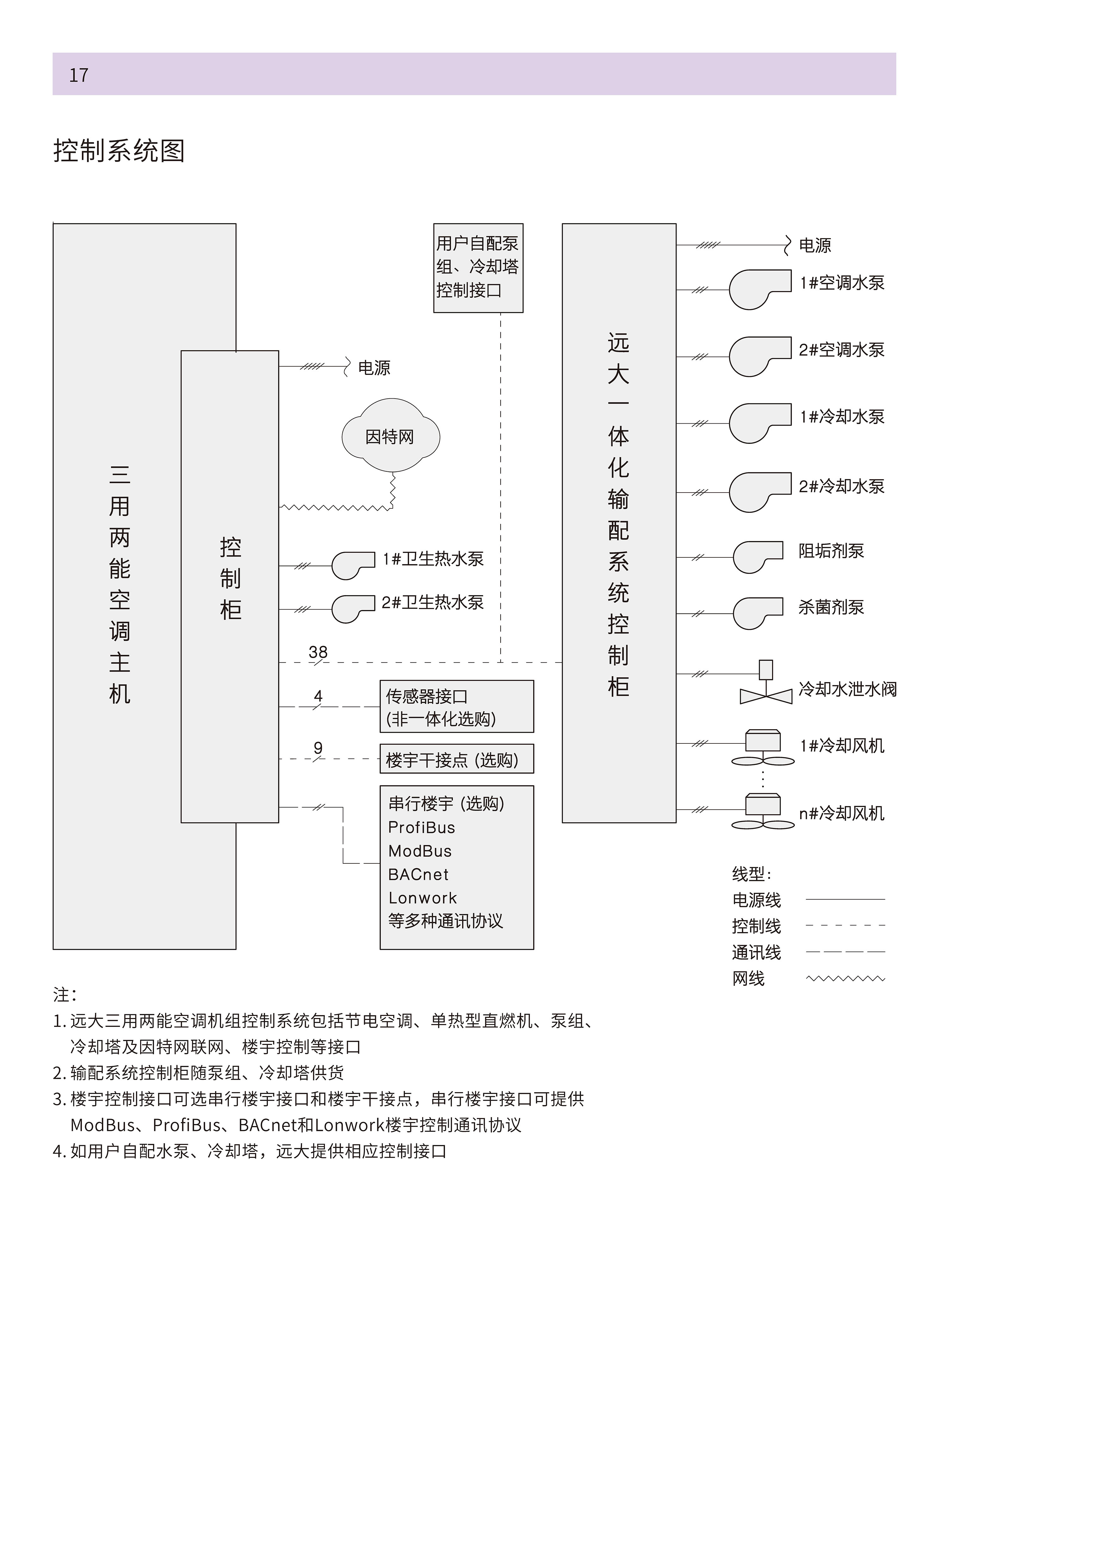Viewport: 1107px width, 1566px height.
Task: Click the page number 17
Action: click(78, 75)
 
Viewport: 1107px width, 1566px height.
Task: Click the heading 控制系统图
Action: click(119, 151)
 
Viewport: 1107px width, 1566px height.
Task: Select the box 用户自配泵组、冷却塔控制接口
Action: click(478, 268)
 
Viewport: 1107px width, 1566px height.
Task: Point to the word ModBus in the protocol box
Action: click(419, 851)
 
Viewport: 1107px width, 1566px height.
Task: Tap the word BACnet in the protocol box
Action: click(418, 874)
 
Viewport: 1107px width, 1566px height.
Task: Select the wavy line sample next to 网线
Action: click(845, 979)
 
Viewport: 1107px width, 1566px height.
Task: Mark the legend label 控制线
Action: click(757, 926)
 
